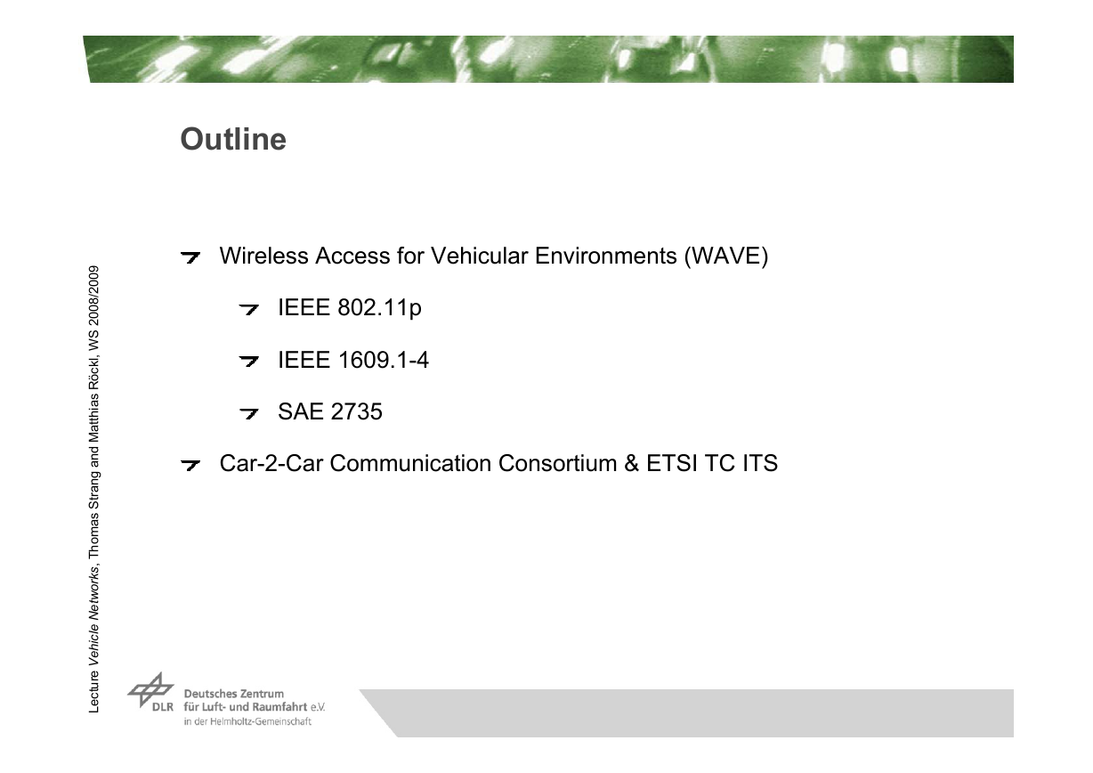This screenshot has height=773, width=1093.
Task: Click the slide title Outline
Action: [x=233, y=139]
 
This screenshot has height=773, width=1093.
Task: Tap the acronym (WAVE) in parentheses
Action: [x=726, y=256]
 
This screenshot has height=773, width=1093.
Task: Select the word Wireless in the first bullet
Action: [x=264, y=256]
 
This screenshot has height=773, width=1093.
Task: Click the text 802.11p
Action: [x=380, y=308]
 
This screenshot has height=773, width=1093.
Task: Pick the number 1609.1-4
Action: [x=383, y=360]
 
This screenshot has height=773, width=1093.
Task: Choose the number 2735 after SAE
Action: [x=356, y=411]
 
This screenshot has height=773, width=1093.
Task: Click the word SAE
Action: [x=301, y=411]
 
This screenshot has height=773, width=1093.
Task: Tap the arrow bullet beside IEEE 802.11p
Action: [x=249, y=309]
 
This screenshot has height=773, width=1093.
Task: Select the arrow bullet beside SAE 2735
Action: [x=249, y=413]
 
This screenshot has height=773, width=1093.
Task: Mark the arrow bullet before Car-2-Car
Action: [x=190, y=464]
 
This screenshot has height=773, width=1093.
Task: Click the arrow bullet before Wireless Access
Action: [x=190, y=257]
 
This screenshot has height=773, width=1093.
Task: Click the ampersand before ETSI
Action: [x=631, y=463]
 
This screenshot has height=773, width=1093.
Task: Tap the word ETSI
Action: [x=672, y=463]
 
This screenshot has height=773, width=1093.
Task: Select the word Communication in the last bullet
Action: [x=410, y=463]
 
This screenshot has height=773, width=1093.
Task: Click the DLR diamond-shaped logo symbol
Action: [x=150, y=689]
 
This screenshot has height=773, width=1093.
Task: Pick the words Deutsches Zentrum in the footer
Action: [x=234, y=694]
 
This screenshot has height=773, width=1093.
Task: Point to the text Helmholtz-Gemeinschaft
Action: [x=261, y=721]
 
